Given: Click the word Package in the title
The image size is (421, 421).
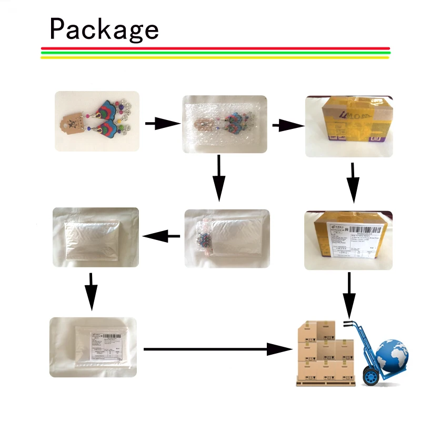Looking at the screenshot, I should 104,29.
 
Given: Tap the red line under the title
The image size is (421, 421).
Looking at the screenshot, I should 215,48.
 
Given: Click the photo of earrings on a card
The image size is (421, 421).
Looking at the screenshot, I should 97,121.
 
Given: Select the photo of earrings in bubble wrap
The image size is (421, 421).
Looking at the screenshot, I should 224,124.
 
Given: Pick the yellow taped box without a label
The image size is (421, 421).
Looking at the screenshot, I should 349,126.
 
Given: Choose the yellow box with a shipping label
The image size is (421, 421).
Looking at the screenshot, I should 349,240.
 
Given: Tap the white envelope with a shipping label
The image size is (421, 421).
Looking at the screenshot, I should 93,347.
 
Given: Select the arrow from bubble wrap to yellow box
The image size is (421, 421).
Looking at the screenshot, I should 287,125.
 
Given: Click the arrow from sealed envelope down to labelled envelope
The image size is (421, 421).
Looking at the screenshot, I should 92,290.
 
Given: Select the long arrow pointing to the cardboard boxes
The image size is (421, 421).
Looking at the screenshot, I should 216,348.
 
